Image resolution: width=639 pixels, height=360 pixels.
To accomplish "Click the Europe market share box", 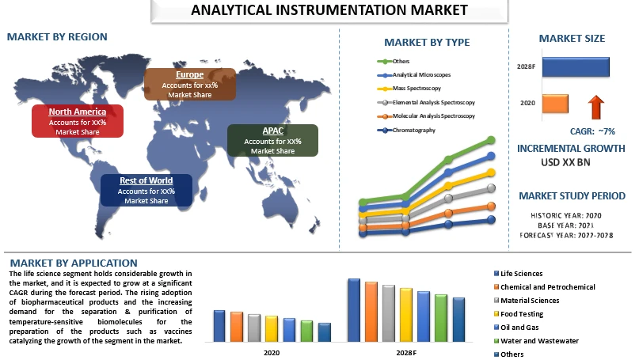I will (x=189, y=85).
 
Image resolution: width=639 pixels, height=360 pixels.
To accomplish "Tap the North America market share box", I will (x=78, y=121).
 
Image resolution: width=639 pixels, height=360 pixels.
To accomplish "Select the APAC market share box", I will (x=272, y=140).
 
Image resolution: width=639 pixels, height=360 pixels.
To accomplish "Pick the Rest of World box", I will (x=146, y=191).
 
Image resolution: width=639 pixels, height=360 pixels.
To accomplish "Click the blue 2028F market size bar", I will (x=577, y=67).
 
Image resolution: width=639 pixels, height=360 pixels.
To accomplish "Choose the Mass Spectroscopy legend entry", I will (x=417, y=89).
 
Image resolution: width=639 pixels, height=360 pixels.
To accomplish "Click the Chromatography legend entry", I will (x=413, y=130).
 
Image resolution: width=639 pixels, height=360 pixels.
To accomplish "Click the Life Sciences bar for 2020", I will (x=219, y=324).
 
